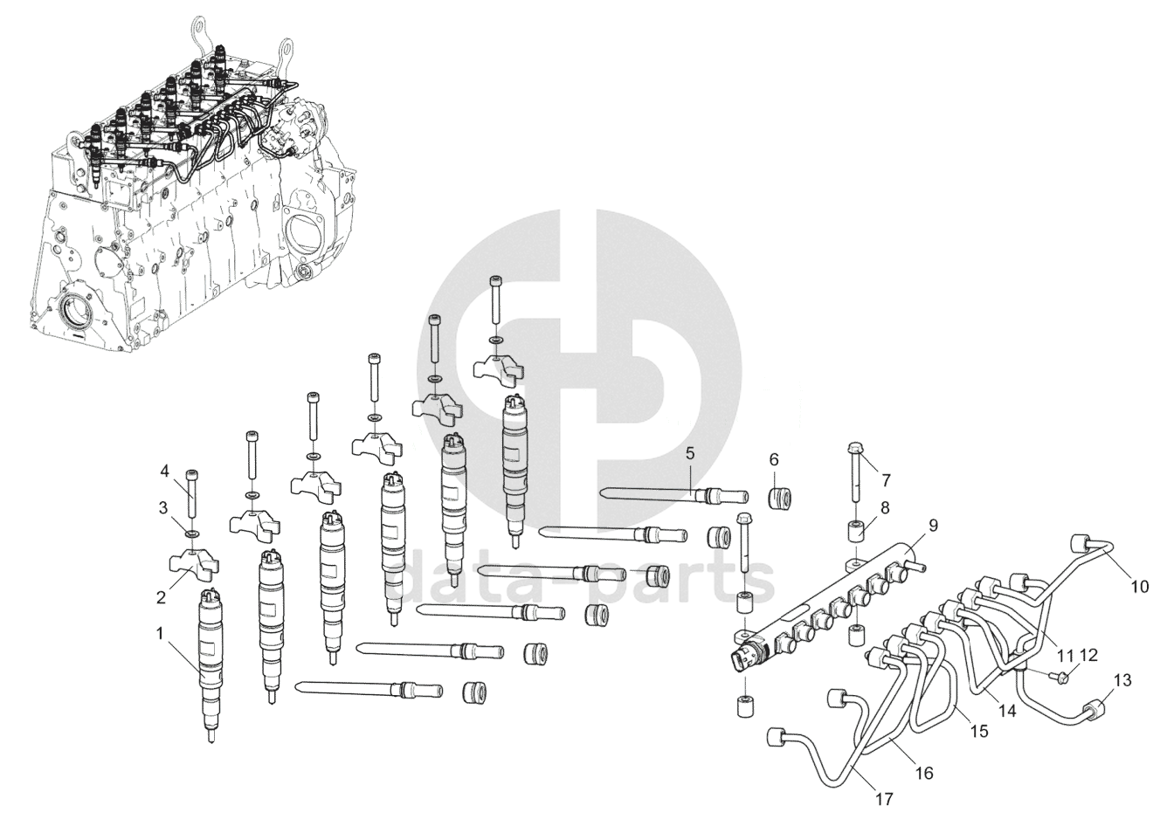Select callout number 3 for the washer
coord(162,507)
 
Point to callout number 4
coord(163,472)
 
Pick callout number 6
coord(773,459)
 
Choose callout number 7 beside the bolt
coord(885,479)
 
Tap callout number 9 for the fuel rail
coord(934,526)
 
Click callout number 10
coord(1140,587)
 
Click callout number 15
coord(978,731)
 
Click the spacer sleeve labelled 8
coord(856,531)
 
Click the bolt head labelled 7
coord(853,451)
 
